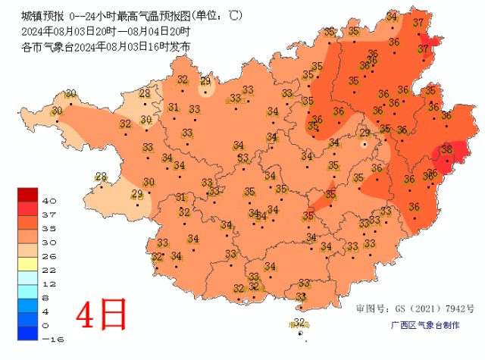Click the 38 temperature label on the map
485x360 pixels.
446,149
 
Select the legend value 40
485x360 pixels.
50,201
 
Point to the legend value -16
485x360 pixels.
50,340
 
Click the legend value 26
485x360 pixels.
50,256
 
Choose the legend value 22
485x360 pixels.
50,270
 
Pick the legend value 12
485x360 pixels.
50,283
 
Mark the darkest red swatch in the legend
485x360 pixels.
28,194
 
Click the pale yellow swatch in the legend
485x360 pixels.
28,263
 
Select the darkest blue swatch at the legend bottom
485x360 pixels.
28,333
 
